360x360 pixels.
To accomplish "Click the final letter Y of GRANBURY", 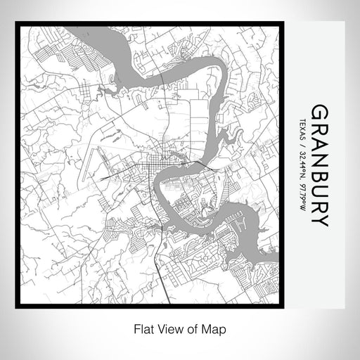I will click(319, 221).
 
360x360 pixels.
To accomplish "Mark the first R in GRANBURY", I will click(319, 131).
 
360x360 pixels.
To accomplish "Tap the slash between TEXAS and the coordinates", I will click(302, 145).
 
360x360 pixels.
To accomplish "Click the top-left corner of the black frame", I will click(18, 25).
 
